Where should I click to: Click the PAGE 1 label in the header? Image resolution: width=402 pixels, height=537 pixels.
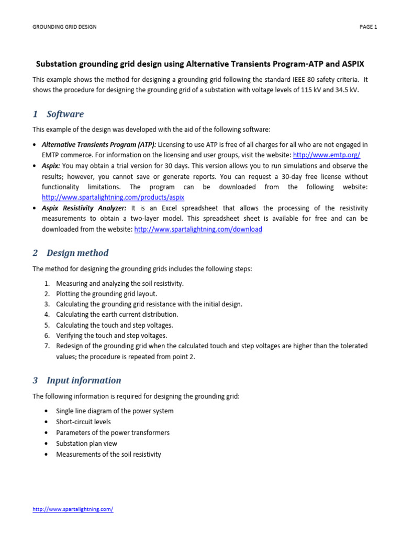(368, 27)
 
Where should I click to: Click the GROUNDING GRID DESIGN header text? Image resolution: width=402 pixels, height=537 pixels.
(64, 27)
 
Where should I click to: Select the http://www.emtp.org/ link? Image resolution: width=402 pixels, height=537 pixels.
(326, 155)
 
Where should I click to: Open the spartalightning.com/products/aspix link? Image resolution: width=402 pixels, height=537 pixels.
(113, 198)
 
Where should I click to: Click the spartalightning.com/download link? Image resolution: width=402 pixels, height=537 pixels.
(198, 229)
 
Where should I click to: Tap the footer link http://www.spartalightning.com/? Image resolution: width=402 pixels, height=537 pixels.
(73, 509)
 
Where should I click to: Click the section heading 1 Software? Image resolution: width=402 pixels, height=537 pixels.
(58, 114)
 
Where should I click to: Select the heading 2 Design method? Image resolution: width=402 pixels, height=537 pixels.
(71, 253)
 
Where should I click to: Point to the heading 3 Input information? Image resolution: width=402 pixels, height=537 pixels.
(77, 380)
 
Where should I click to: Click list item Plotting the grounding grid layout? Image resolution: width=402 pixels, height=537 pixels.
(106, 294)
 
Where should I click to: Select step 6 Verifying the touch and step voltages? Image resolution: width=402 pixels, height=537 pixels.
(111, 336)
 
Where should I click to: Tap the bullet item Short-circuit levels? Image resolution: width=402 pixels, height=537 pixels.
(83, 422)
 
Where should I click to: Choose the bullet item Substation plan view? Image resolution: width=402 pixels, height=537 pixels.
(86, 443)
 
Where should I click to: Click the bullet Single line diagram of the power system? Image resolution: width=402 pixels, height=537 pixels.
(115, 411)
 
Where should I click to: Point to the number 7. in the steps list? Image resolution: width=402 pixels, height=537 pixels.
(47, 346)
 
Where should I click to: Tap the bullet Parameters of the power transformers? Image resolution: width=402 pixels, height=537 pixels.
(113, 433)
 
